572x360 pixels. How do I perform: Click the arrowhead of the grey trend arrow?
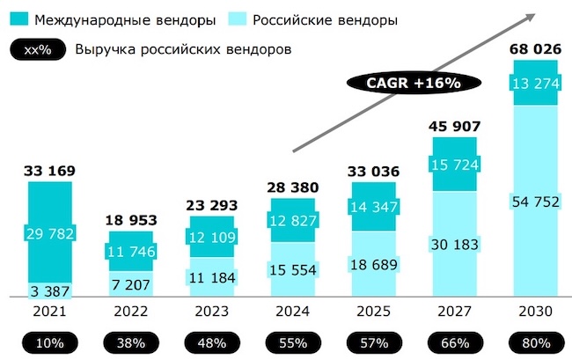(x=533, y=15)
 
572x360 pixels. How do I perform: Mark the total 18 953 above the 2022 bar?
(x=129, y=219)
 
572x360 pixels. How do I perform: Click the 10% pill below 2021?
(x=49, y=342)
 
